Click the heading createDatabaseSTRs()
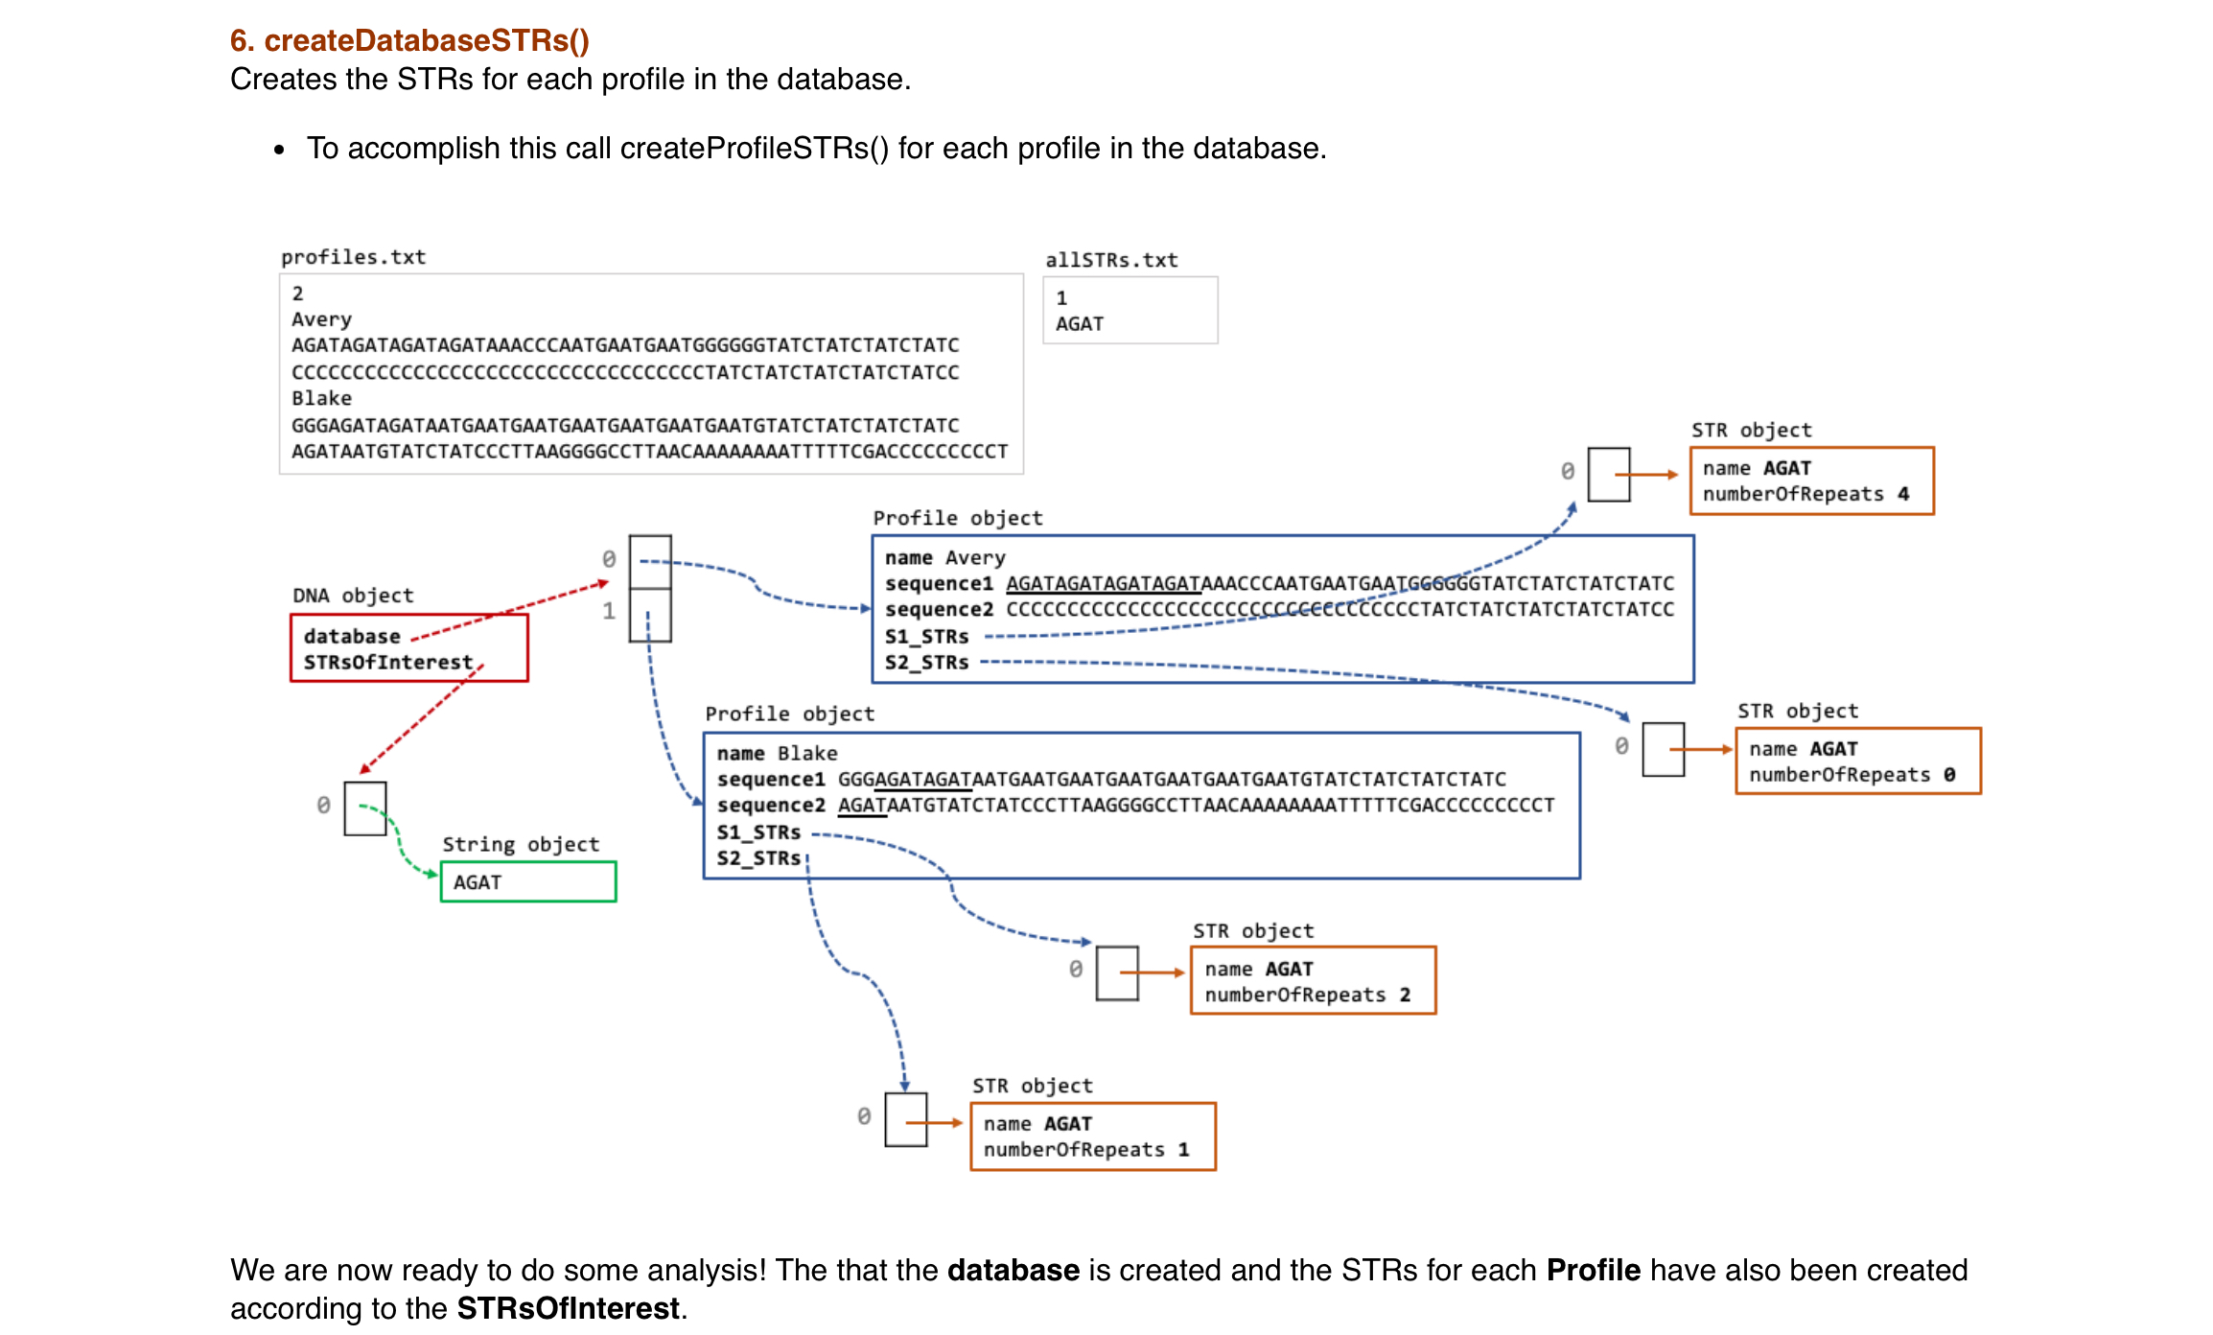(409, 40)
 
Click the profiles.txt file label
(353, 257)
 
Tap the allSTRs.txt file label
(1111, 260)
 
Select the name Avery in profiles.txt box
(321, 319)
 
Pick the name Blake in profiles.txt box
(321, 398)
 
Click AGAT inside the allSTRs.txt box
(1080, 324)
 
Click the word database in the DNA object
(352, 636)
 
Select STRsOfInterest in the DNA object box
(388, 662)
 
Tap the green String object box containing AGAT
(527, 881)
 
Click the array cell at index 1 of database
(650, 615)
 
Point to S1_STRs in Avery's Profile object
(926, 636)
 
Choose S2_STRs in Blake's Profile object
(758, 857)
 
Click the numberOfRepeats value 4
(1903, 494)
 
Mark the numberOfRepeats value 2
(1405, 995)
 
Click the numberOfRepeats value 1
(1184, 1149)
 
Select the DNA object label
(353, 596)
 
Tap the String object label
(521, 844)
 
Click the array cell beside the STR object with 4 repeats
(1608, 474)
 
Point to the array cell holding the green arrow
(364, 808)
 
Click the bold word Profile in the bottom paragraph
(1593, 1270)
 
